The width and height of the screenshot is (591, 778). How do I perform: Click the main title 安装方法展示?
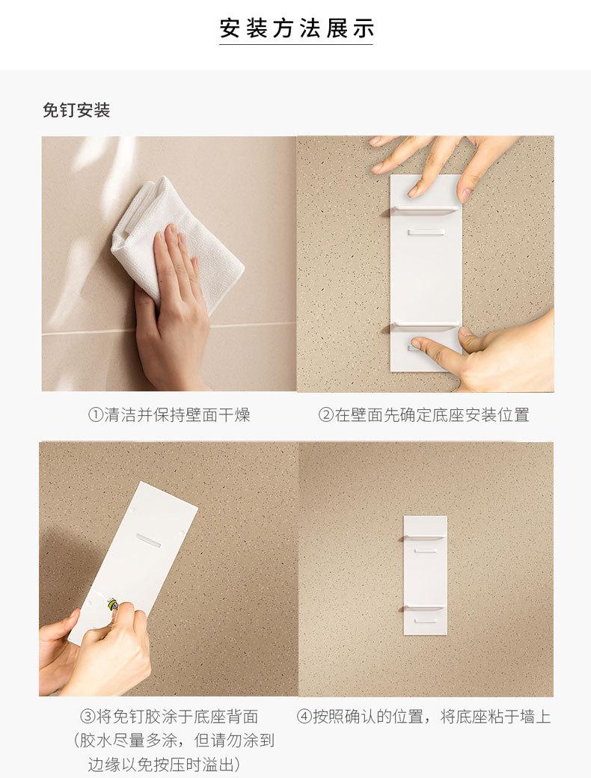pyautogui.click(x=296, y=28)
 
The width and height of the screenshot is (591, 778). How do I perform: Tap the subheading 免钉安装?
pyautogui.click(x=76, y=110)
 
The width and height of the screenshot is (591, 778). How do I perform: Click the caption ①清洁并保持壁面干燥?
pyautogui.click(x=169, y=414)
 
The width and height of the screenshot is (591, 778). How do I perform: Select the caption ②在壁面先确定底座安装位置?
pyautogui.click(x=423, y=414)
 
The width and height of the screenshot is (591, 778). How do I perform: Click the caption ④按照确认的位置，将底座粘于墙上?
pyautogui.click(x=423, y=717)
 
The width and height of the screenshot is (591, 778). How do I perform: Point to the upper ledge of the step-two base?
pyautogui.click(x=423, y=210)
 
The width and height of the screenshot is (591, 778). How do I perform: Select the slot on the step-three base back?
pyautogui.click(x=148, y=540)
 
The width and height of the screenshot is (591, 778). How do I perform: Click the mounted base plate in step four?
pyautogui.click(x=425, y=575)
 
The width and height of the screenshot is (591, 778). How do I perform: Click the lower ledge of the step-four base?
pyautogui.click(x=423, y=608)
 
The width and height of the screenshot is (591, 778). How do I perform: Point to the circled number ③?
pyautogui.click(x=88, y=717)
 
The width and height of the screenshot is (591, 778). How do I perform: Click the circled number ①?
pyautogui.click(x=95, y=414)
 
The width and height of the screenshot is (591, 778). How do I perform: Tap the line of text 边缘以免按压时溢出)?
pyautogui.click(x=165, y=764)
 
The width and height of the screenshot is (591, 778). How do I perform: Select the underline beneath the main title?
pyautogui.click(x=296, y=45)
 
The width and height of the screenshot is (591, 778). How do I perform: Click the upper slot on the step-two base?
pyautogui.click(x=425, y=232)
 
